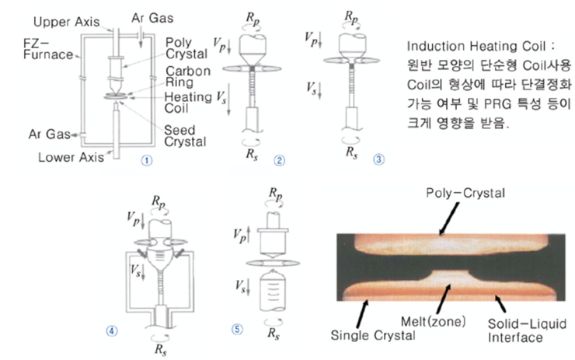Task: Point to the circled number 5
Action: pos(237,327)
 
